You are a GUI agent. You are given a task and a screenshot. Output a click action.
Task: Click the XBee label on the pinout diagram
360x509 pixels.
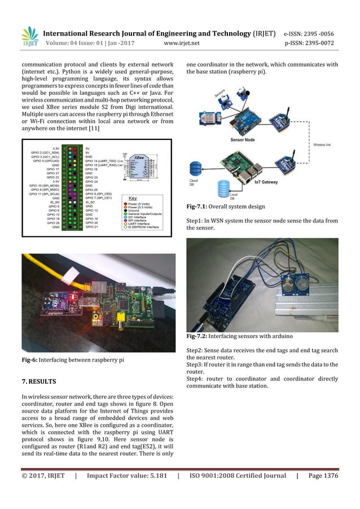pos(137,153)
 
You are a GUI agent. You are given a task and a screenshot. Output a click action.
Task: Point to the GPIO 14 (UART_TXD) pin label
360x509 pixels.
pos(102,161)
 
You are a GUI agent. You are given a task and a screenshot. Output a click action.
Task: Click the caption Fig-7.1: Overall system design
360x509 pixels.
pos(225,207)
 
